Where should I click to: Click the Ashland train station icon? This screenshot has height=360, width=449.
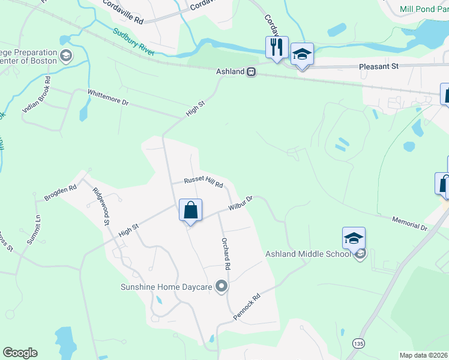click(252, 71)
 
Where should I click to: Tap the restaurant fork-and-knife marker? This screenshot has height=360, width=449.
click(276, 47)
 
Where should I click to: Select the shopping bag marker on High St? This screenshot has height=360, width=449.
click(190, 211)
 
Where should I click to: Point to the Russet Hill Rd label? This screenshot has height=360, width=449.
click(203, 182)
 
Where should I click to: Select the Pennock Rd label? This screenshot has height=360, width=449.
click(247, 306)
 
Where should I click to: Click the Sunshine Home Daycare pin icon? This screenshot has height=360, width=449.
click(222, 287)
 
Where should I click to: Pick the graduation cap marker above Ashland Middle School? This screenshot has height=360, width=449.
click(354, 238)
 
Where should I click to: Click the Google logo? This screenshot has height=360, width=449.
click(20, 353)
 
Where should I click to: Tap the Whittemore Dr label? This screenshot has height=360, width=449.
click(108, 97)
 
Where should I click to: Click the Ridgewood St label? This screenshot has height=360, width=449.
click(100, 206)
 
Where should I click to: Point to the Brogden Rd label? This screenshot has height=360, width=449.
click(61, 193)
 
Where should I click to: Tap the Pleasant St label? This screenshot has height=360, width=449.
click(379, 67)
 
